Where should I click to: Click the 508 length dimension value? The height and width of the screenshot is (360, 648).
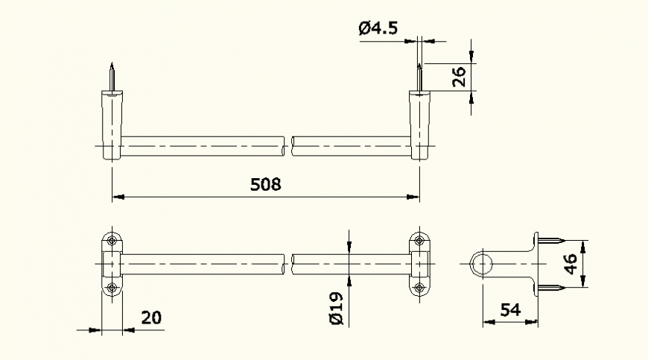(265, 183)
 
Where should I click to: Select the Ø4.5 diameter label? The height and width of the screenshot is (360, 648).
(378, 28)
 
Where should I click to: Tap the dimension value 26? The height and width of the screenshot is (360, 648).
(459, 77)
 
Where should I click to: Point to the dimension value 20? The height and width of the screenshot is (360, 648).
(151, 318)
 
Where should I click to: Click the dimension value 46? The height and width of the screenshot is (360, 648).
(570, 264)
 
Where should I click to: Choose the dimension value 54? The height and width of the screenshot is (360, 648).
(509, 309)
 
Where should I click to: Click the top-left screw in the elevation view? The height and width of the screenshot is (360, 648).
(111, 78)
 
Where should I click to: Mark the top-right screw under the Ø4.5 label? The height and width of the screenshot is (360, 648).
(419, 78)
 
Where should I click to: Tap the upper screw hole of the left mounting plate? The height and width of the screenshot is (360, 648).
(112, 241)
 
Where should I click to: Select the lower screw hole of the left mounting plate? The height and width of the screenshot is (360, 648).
(112, 288)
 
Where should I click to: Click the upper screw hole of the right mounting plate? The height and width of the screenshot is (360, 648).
(419, 241)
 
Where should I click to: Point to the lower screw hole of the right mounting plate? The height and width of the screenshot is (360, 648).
(419, 288)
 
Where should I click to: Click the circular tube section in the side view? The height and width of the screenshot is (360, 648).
(482, 264)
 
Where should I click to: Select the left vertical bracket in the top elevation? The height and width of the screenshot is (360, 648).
(111, 125)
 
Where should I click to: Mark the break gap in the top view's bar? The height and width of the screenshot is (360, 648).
(289, 146)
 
